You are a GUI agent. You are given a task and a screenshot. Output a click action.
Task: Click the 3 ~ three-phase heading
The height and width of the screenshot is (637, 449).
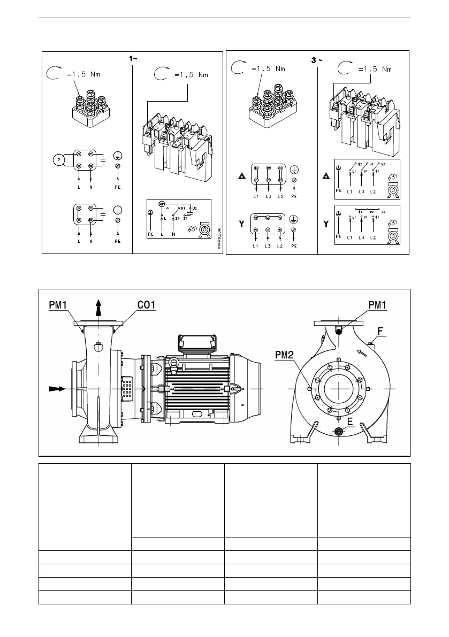click(317, 59)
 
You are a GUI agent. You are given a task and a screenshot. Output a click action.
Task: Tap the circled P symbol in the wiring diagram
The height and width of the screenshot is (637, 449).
click(57, 159)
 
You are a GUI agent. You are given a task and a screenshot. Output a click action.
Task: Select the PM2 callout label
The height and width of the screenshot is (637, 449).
click(285, 355)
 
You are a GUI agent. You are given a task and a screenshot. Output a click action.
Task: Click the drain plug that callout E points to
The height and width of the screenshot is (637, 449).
click(339, 431)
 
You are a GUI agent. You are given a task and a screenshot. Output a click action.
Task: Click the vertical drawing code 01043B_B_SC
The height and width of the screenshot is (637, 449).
click(219, 239)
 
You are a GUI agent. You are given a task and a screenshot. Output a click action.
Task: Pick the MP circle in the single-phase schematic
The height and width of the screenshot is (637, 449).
click(161, 204)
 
